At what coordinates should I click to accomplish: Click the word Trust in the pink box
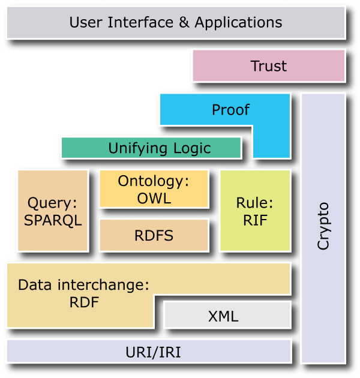268,66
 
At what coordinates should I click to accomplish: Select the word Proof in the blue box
230,110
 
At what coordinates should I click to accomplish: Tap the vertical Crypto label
323,226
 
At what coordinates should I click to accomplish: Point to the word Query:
53,203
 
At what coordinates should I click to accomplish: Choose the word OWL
154,198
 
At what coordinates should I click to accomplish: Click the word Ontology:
154,181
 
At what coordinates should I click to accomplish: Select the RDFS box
154,235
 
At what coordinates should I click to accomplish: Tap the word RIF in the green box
255,220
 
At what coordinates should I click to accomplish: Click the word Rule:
255,203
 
